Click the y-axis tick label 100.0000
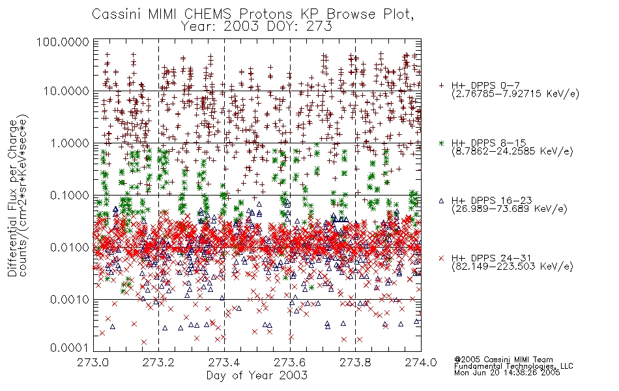click(x=63, y=42)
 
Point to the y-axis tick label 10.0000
click(x=66, y=91)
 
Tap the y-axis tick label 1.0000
click(x=69, y=143)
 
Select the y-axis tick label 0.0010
click(x=69, y=299)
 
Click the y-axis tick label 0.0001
click(x=69, y=348)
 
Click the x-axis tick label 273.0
click(x=93, y=362)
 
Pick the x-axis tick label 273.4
click(x=224, y=362)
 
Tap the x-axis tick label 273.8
click(x=355, y=362)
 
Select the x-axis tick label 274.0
click(x=421, y=362)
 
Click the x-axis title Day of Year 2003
click(x=257, y=375)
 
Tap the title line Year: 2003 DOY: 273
click(x=257, y=27)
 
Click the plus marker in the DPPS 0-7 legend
click(x=441, y=85)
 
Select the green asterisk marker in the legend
click(x=441, y=143)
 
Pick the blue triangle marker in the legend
click(x=441, y=201)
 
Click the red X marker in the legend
click(x=441, y=258)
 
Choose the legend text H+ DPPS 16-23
click(x=491, y=201)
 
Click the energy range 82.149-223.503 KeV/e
click(x=512, y=267)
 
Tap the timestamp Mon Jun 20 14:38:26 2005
click(x=507, y=373)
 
